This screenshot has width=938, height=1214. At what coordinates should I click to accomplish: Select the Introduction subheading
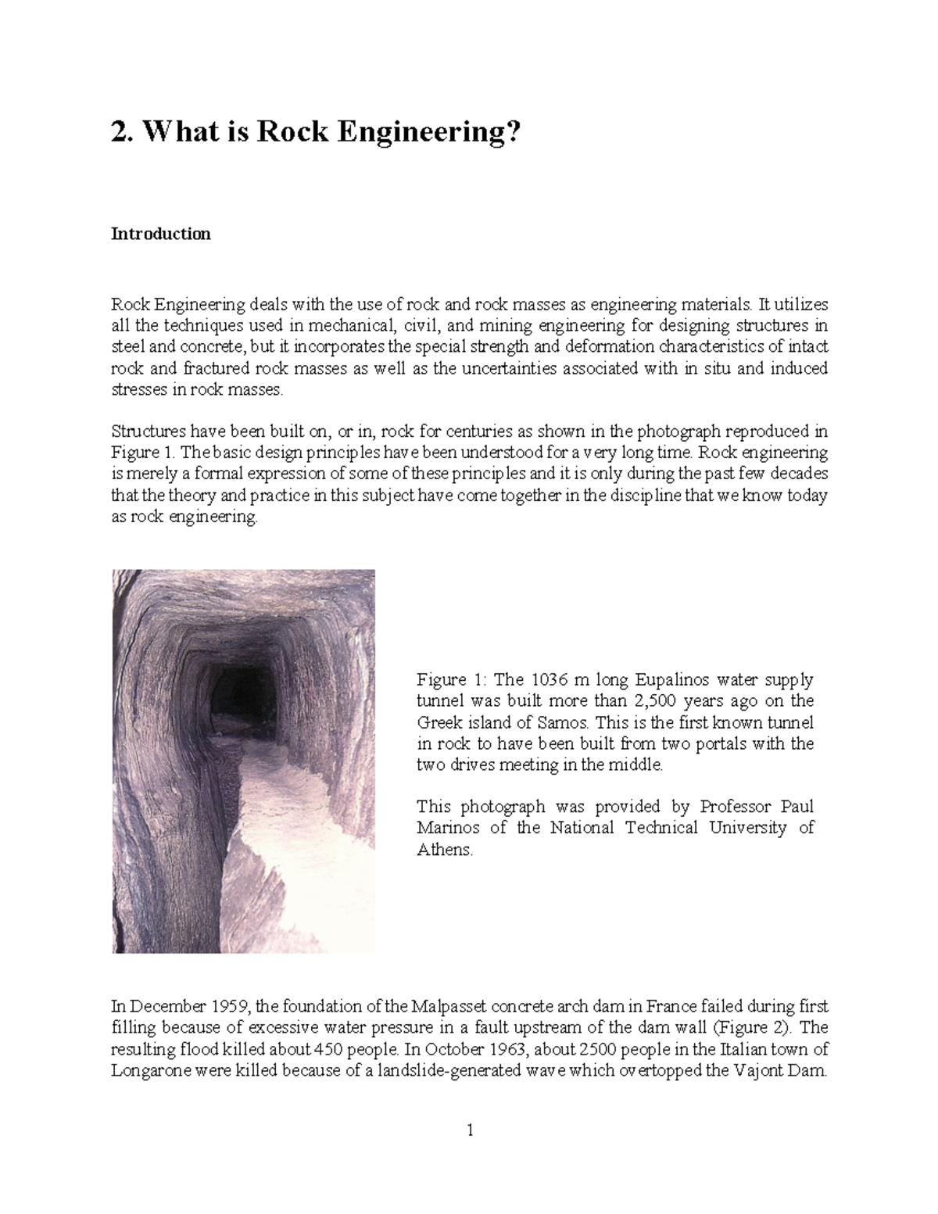point(160,234)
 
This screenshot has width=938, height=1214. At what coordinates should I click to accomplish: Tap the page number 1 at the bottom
point(470,1130)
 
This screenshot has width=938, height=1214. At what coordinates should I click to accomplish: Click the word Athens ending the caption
point(445,850)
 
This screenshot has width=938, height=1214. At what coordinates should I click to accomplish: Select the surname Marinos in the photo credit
point(447,828)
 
